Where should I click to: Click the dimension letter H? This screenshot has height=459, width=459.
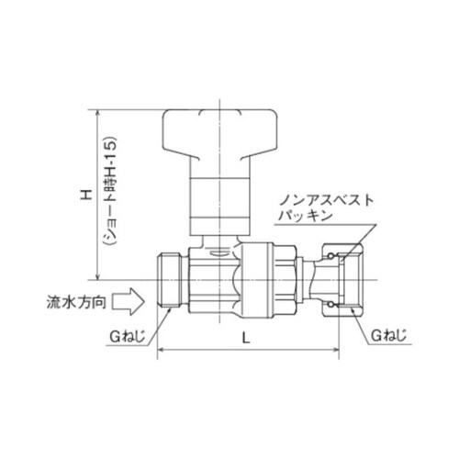click(84, 196)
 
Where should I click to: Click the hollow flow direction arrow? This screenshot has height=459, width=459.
click(132, 300)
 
